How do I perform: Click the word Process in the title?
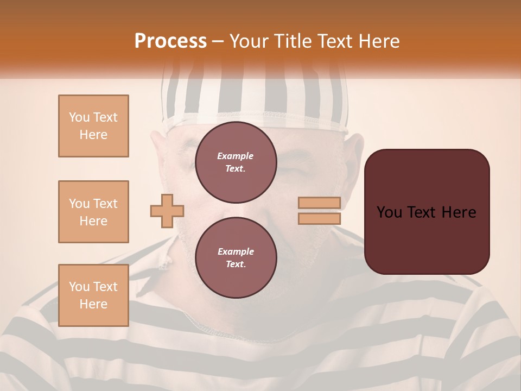(x=170, y=41)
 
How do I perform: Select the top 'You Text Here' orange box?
(x=93, y=126)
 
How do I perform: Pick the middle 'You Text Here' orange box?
(x=93, y=212)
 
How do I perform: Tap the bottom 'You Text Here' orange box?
(x=93, y=295)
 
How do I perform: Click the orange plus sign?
(x=167, y=211)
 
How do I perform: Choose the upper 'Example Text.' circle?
(x=236, y=162)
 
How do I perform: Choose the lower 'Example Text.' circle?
(x=236, y=258)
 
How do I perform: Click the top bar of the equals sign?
(x=320, y=203)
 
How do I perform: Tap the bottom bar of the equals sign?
(x=320, y=219)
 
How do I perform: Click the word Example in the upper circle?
(x=235, y=156)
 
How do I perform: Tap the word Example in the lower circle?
(x=236, y=251)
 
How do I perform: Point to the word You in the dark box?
(x=389, y=212)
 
